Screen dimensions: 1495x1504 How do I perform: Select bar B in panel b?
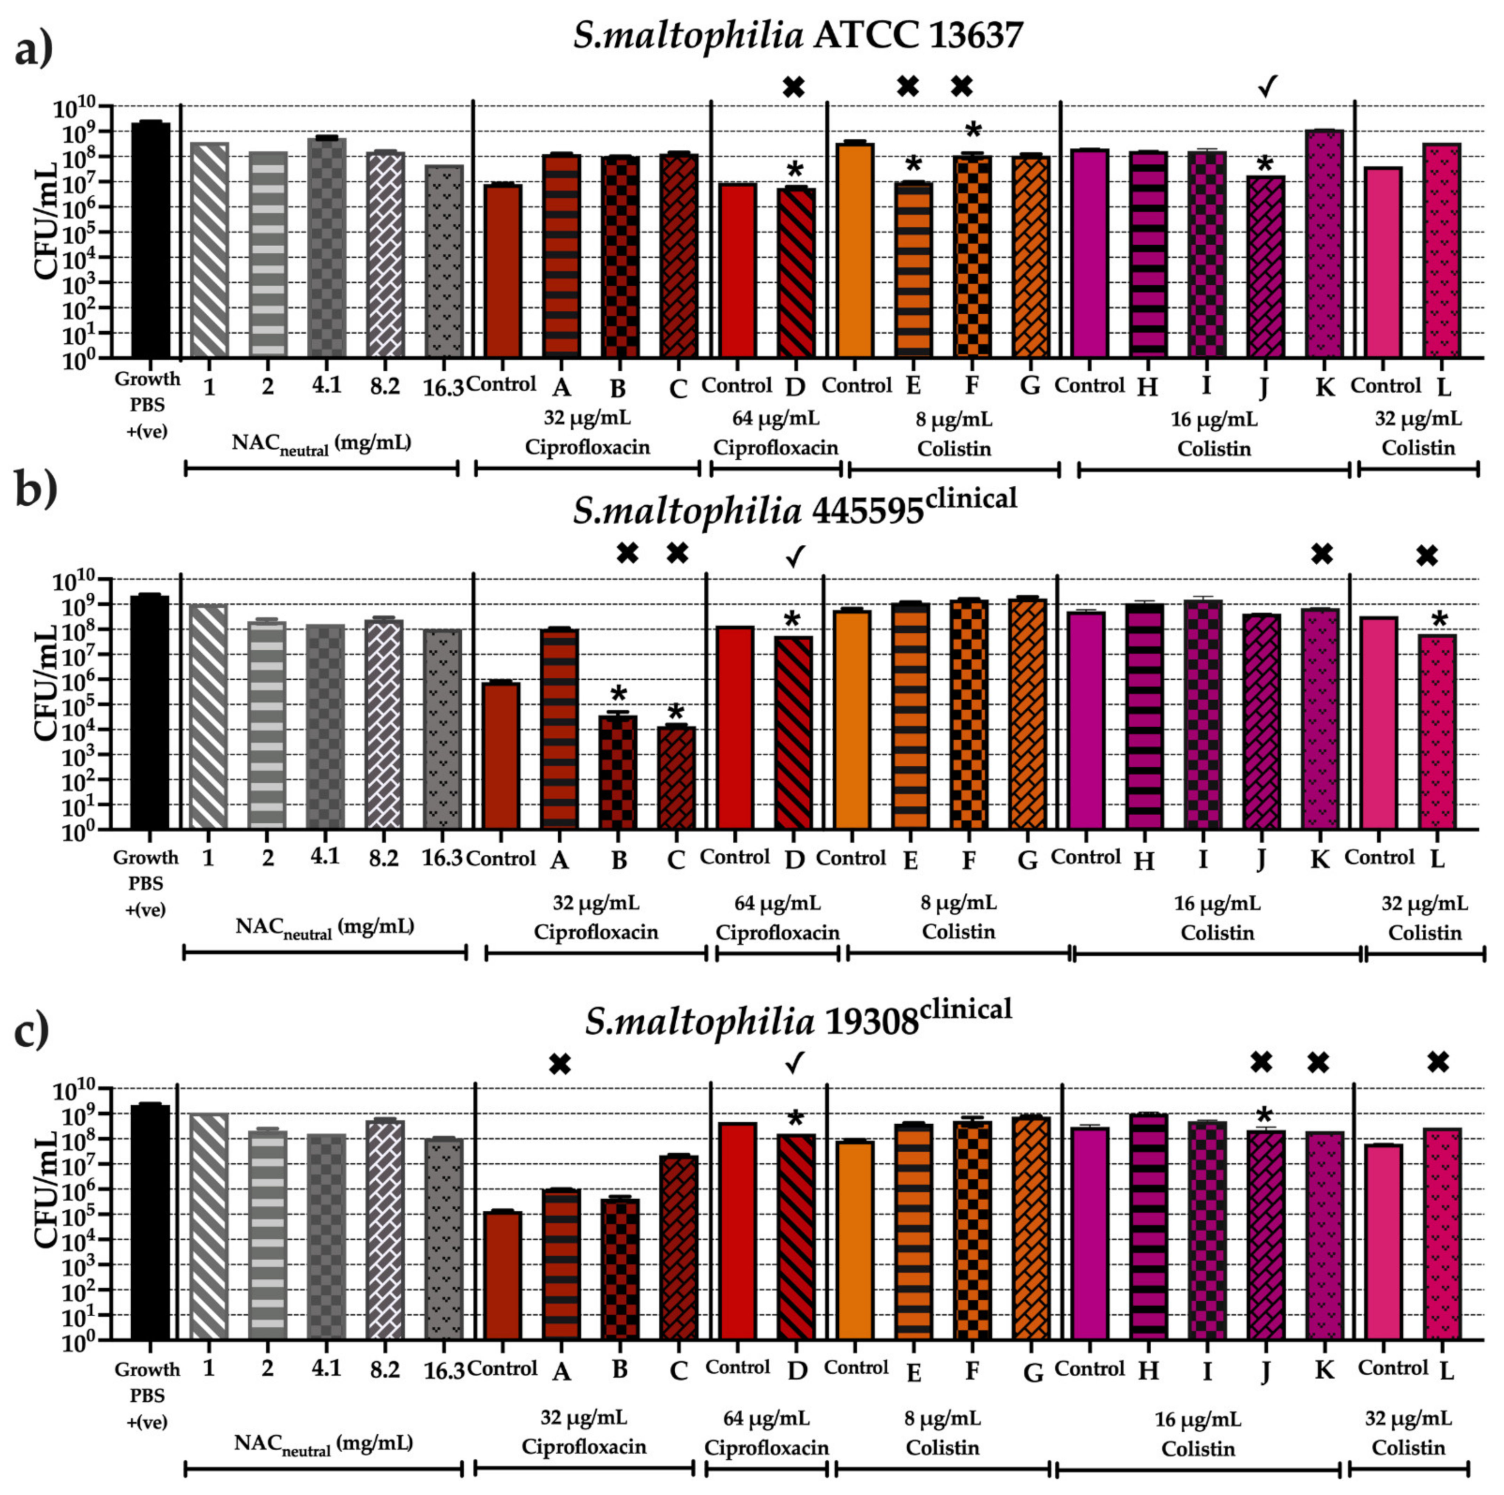tap(618, 771)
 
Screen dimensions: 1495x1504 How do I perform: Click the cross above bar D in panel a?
tap(793, 87)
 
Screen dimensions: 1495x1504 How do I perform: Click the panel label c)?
tap(33, 1031)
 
